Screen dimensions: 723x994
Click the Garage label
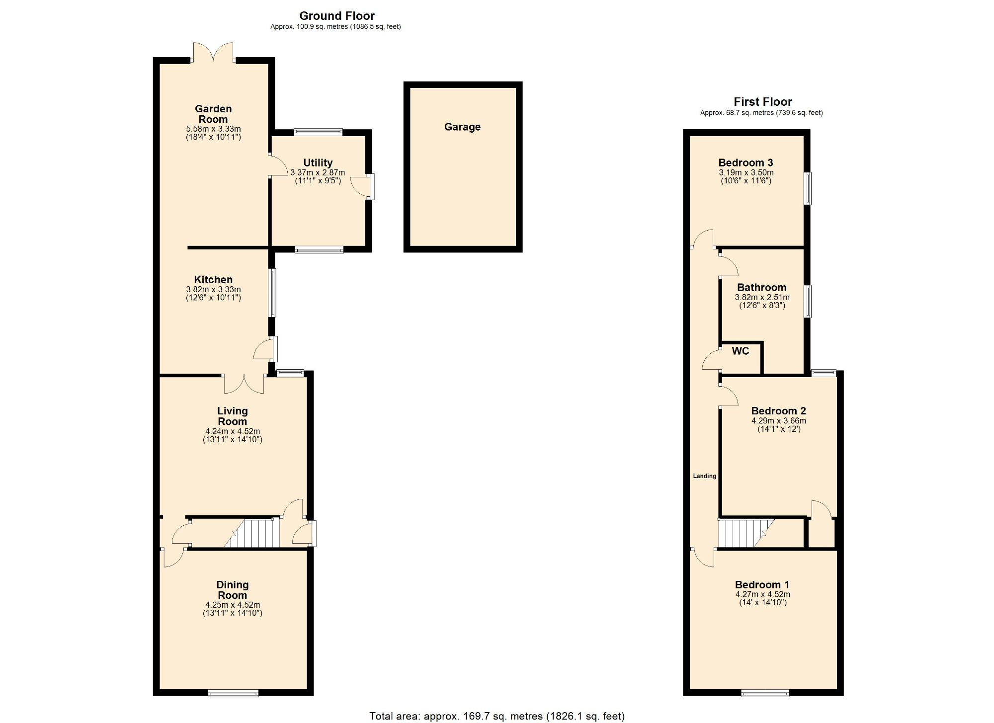coord(462,127)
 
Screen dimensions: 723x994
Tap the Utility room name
coord(318,163)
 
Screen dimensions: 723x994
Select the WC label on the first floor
coord(740,351)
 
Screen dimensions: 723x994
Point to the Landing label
coord(704,476)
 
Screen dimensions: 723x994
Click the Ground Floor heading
coord(336,16)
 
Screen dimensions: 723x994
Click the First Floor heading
coord(762,102)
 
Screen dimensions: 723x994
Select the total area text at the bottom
coord(497,716)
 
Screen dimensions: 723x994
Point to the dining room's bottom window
coord(233,693)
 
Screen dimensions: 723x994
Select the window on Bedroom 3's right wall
coord(808,188)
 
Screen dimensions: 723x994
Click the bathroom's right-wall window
coord(808,301)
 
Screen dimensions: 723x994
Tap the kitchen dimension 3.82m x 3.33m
coord(213,290)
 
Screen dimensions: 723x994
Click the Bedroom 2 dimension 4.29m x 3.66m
coord(778,421)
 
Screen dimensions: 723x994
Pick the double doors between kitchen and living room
coord(244,384)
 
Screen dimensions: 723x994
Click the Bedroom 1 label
coord(762,585)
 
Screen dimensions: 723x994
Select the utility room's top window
coord(318,132)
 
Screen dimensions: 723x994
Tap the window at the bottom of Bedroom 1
coord(765,693)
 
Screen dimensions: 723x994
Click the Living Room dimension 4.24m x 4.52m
coord(232,431)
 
